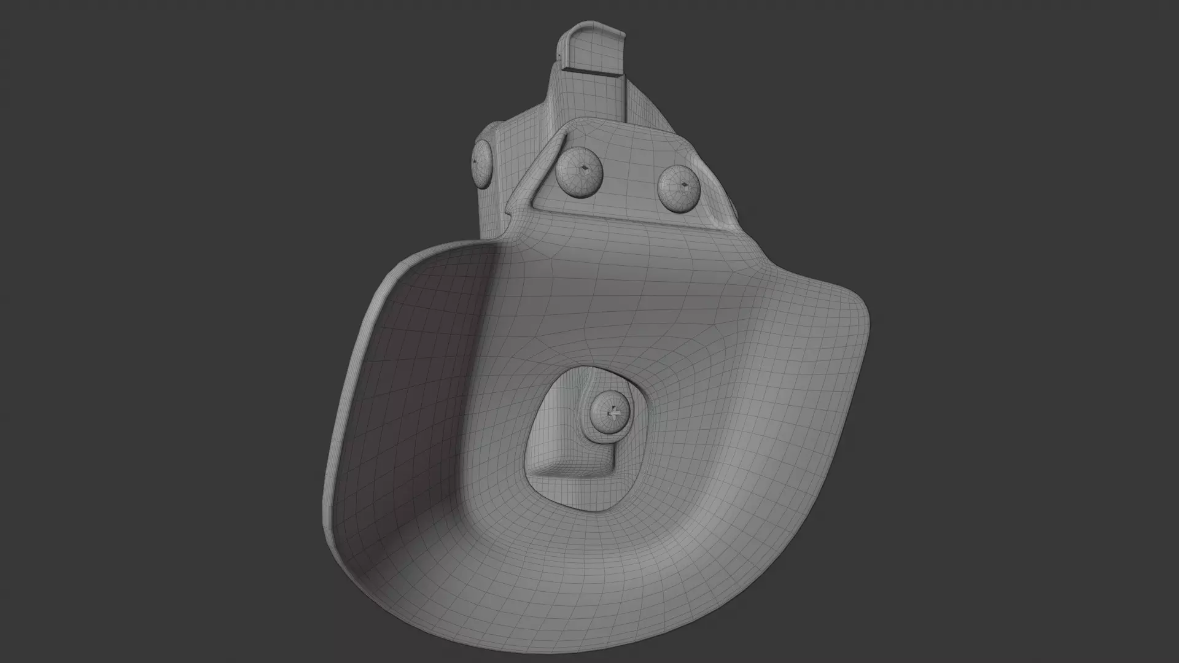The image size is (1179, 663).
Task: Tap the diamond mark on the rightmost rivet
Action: (683, 184)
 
